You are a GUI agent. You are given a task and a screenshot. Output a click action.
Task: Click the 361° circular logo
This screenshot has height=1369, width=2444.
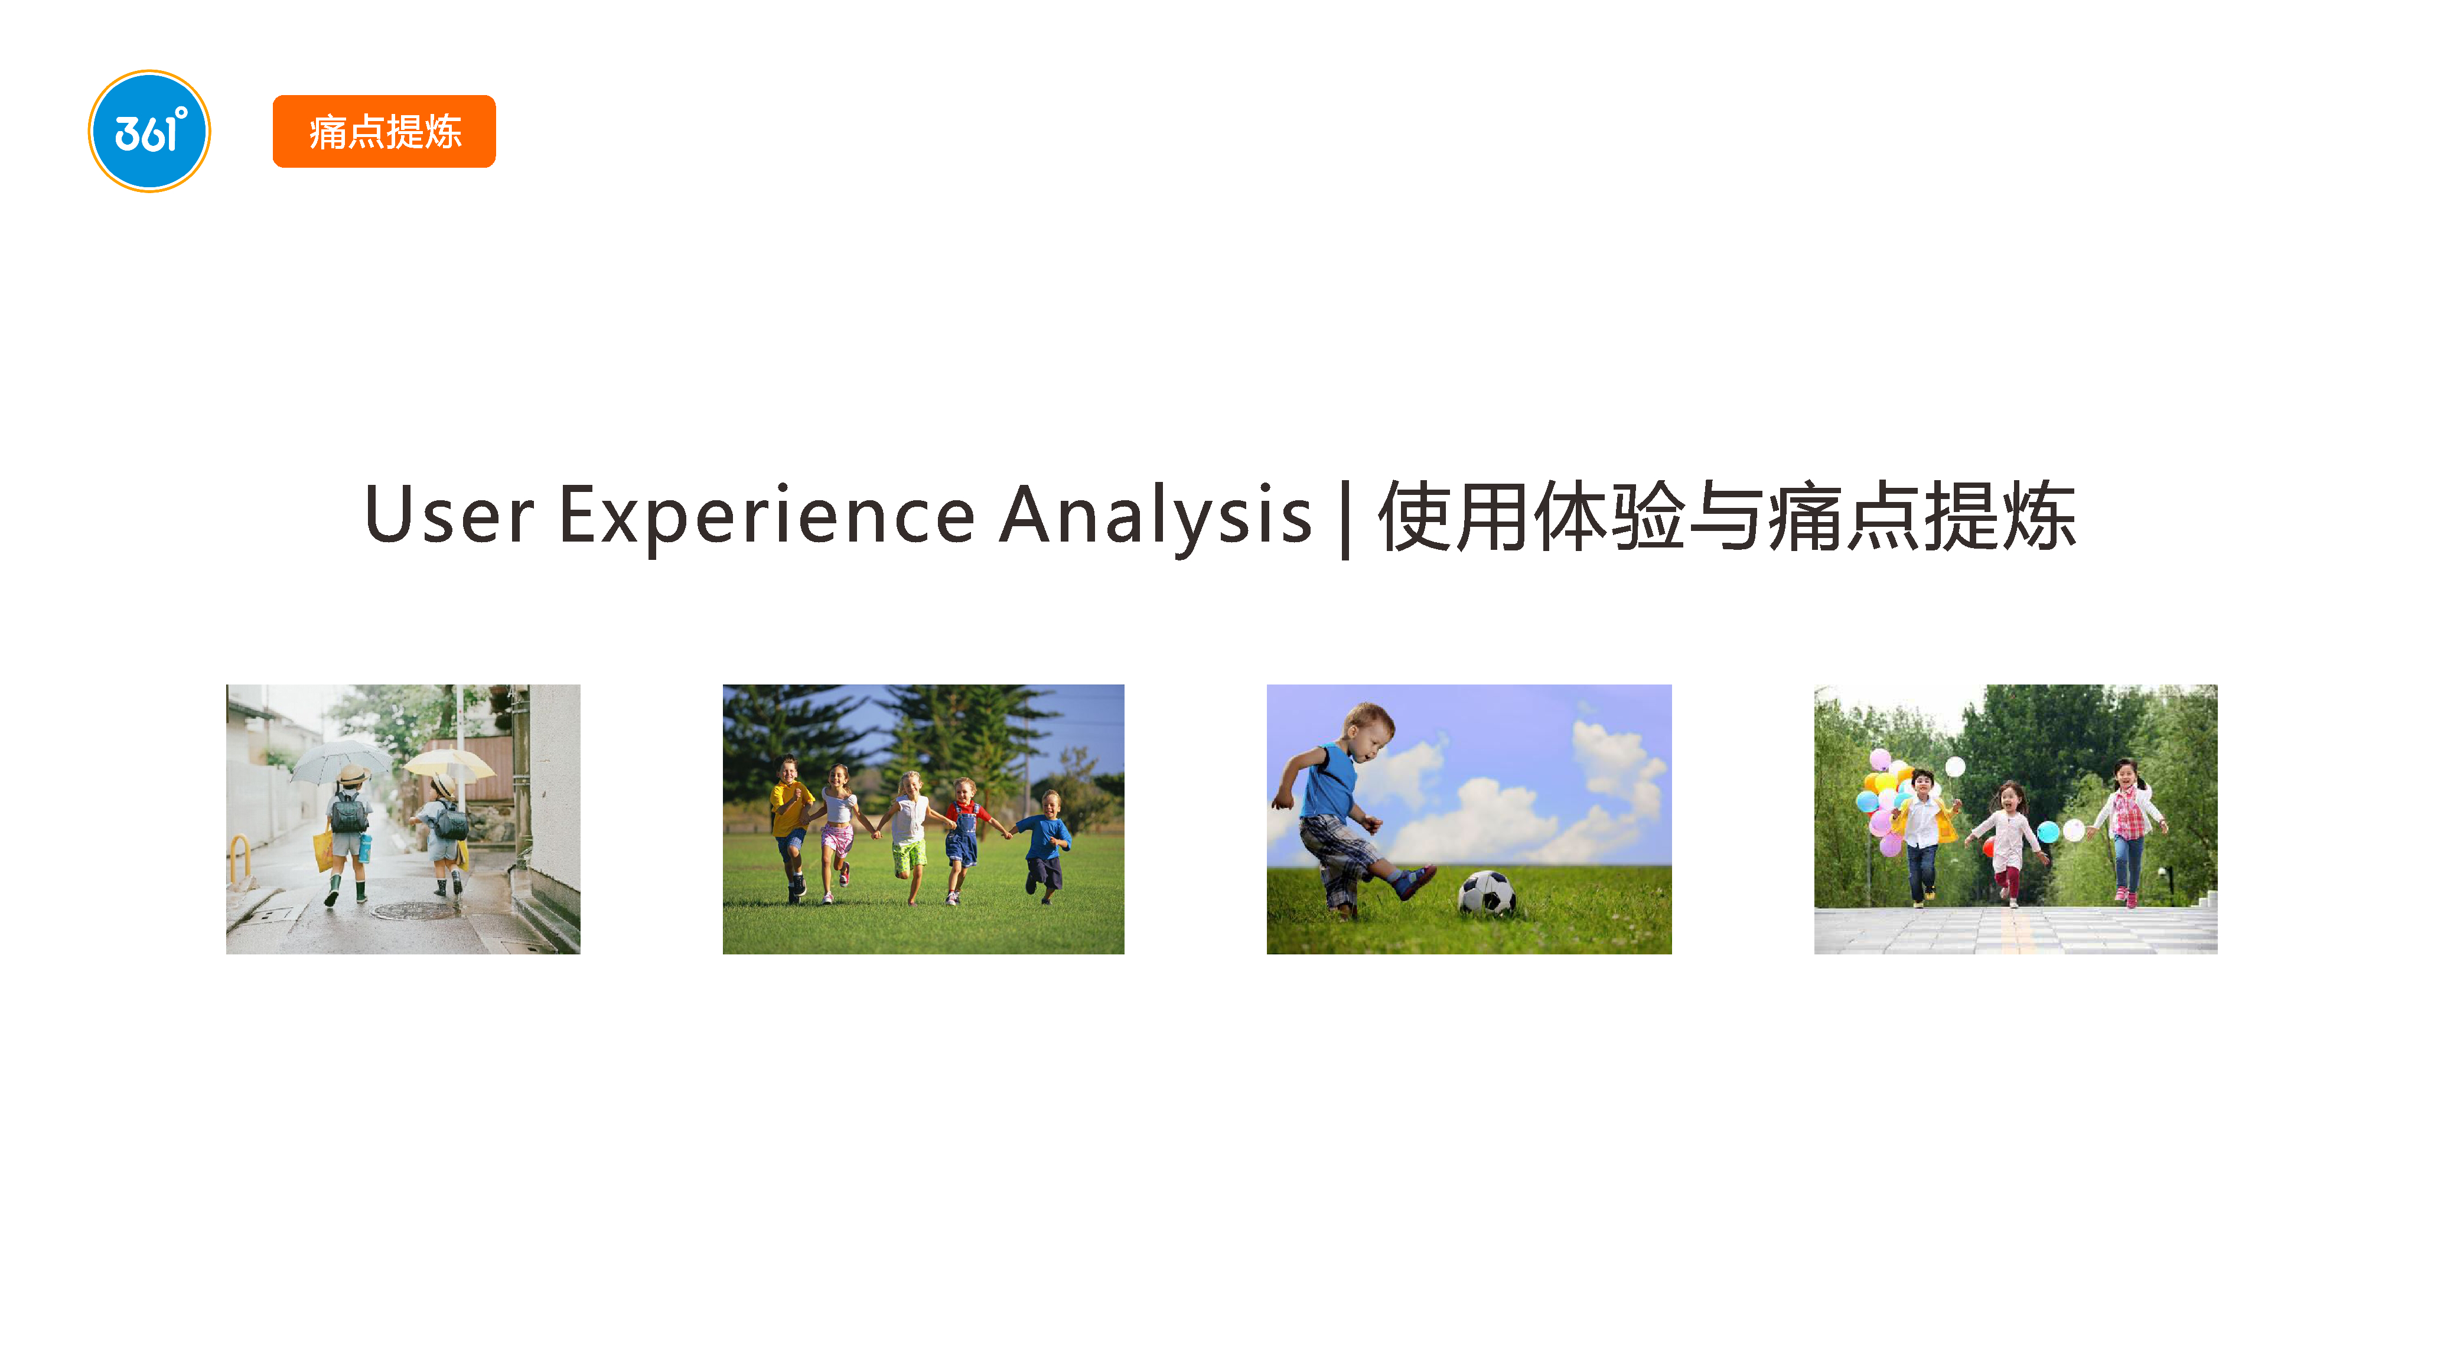click(149, 131)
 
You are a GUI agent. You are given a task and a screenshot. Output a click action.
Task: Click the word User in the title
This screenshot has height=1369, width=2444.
click(449, 515)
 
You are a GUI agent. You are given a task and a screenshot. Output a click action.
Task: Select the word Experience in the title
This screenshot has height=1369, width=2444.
click(767, 515)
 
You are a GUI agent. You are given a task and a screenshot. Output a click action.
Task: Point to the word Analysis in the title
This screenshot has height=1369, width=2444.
click(1156, 515)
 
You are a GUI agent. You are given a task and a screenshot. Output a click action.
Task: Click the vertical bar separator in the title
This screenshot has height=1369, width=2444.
click(1344, 519)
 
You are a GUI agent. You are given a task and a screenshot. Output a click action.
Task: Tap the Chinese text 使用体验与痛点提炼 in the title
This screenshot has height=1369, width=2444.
click(1727, 515)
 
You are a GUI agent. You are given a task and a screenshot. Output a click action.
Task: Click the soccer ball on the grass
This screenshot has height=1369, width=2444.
click(1486, 893)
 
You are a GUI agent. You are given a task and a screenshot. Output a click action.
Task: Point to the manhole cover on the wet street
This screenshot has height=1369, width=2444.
click(413, 910)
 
